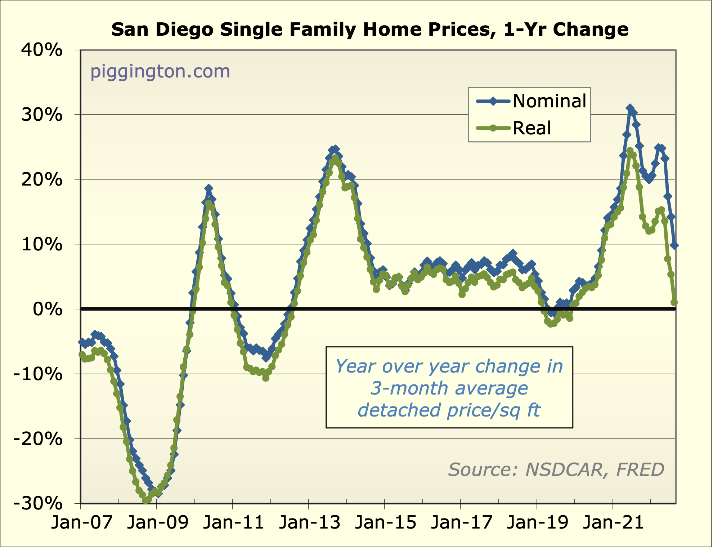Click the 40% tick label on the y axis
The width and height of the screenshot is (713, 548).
point(42,50)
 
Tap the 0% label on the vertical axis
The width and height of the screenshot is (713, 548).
point(48,309)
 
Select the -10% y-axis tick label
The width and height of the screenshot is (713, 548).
point(38,374)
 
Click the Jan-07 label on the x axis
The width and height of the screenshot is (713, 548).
point(82,522)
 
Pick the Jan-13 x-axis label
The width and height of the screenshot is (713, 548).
point(310,522)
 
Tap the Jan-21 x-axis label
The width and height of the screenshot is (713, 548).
point(613,522)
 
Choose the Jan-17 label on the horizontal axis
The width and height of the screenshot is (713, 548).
point(461,522)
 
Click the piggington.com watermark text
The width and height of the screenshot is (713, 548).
point(160,71)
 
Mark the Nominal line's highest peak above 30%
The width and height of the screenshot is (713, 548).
point(630,108)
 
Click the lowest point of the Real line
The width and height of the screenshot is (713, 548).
point(145,500)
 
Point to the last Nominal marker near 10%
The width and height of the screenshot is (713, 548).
point(674,245)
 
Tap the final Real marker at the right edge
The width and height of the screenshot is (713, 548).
point(674,303)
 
